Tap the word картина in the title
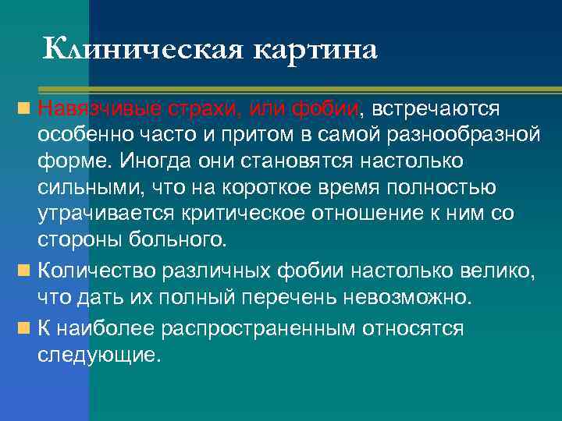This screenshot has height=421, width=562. [x=315, y=49]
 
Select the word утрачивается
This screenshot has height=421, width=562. [x=98, y=214]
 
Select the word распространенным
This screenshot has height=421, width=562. [x=259, y=328]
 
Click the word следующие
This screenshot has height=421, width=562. [x=98, y=355]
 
